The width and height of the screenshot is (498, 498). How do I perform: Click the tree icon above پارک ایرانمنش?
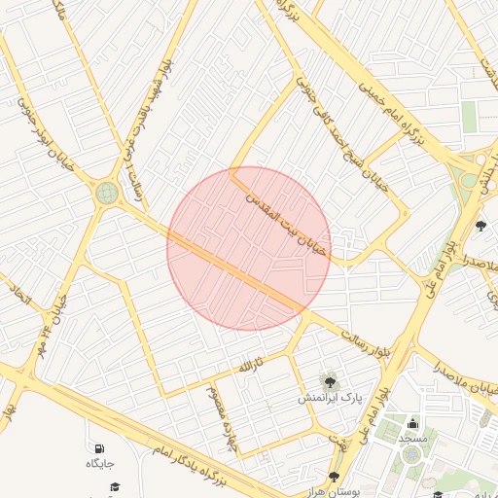pyautogui.click(x=330, y=380)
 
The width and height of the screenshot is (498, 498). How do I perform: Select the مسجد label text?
pyautogui.click(x=412, y=439)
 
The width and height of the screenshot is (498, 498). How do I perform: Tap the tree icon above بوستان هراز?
pyautogui.click(x=334, y=477)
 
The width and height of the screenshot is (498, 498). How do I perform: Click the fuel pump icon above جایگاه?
pyautogui.click(x=100, y=447)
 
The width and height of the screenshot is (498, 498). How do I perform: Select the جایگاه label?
pyautogui.click(x=100, y=464)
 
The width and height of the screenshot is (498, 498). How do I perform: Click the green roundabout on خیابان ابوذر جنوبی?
pyautogui.click(x=104, y=193)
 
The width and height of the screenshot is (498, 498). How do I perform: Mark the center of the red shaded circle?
pyautogui.click(x=249, y=248)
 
